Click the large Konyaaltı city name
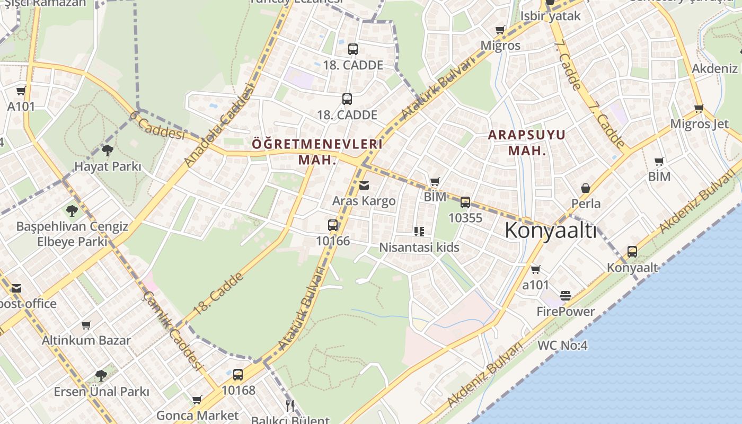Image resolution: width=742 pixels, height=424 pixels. coord(550,231)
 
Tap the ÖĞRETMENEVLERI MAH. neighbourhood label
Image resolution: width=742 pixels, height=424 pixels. coord(317,152)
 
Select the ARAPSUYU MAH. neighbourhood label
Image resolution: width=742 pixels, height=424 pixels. coord(526,143)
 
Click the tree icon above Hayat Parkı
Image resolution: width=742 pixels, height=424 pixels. coord(108,151)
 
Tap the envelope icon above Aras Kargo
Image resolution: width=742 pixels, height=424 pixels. coord(364,185)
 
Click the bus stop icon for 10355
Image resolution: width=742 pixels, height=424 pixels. coord(465,202)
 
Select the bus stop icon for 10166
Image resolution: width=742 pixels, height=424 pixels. coord(333,225)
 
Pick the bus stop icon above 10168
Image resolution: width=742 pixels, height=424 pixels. coord(238,375)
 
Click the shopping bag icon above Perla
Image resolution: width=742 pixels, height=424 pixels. coord(586,188)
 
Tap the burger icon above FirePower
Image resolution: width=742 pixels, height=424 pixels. coord(566,295)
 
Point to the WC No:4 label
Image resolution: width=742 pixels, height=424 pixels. coord(562,346)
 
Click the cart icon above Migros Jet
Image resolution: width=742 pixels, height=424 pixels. coord(699,109)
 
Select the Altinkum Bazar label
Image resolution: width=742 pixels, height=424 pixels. coord(86,340)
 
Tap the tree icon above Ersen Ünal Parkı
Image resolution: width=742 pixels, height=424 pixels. coord(101,376)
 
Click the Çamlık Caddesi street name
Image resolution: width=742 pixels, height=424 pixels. coord(173,330)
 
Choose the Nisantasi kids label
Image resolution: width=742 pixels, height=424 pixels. coord(419,248)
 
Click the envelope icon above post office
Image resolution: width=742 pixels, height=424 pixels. coord(16,288)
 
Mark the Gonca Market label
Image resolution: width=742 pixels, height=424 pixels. coord(198,415)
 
